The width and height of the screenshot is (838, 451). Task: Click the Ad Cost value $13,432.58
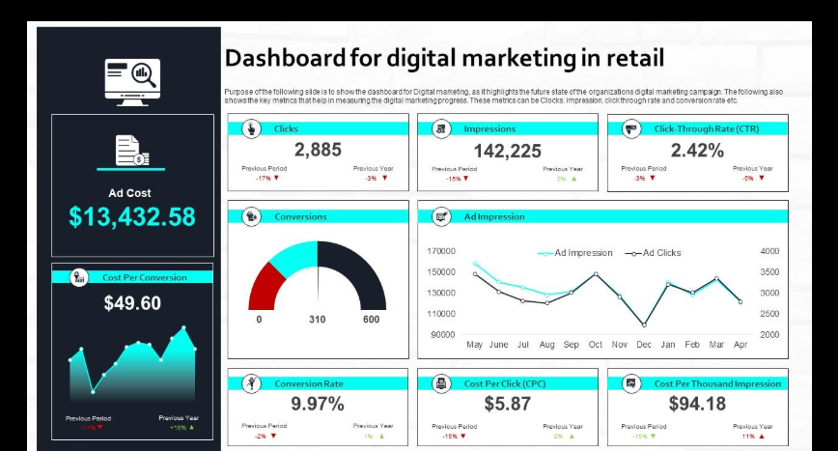[x=132, y=216]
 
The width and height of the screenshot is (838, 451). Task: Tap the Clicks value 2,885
[x=318, y=150]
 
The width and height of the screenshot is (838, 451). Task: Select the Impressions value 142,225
[x=507, y=151]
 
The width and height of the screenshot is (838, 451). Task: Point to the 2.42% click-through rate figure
[x=697, y=150]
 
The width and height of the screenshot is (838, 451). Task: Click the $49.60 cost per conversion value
[x=132, y=303]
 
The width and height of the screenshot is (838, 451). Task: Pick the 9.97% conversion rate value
[x=318, y=404]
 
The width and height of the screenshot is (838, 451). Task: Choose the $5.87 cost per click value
[x=507, y=404]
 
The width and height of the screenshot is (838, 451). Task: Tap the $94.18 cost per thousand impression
[x=697, y=404]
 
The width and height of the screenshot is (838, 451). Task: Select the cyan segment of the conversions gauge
[x=293, y=256]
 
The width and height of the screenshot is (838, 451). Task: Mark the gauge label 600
[x=371, y=320]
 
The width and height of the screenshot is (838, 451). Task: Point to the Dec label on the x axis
[x=644, y=344]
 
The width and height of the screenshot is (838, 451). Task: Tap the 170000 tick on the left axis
[x=440, y=251]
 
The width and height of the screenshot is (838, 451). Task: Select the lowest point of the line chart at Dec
[x=644, y=325]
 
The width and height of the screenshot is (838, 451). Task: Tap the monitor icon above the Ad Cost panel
[x=132, y=80]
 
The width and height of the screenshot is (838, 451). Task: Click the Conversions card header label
[x=300, y=216]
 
